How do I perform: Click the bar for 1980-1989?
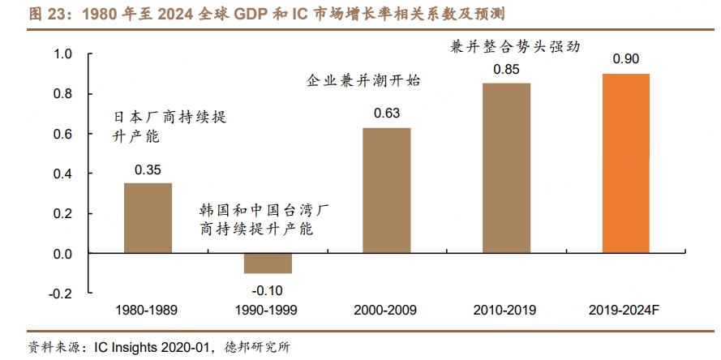tap(148, 218)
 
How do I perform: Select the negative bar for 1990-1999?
tap(267, 264)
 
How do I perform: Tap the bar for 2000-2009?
tap(386, 191)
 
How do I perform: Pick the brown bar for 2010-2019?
tap(506, 169)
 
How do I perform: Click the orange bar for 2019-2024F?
tap(625, 163)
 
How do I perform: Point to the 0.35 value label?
tap(148, 170)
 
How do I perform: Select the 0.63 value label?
tap(386, 114)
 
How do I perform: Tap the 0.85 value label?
tap(506, 70)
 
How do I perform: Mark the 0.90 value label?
tap(625, 60)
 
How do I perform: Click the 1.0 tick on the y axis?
tap(63, 54)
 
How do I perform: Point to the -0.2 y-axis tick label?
tap(62, 294)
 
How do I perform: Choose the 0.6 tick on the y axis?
tap(63, 134)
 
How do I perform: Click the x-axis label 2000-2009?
tap(386, 311)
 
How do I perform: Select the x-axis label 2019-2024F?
tap(625, 311)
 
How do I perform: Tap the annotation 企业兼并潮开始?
tap(363, 81)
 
